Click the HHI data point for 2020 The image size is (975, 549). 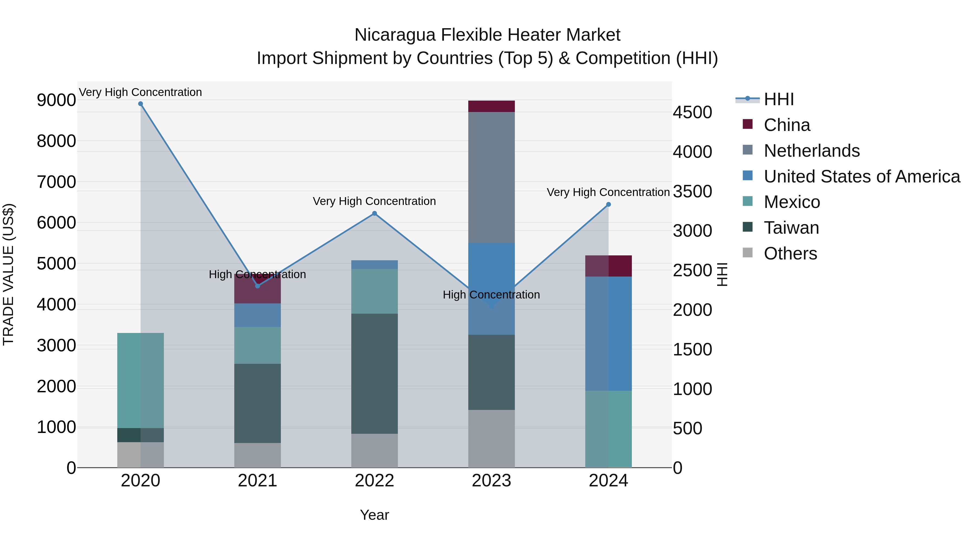(140, 104)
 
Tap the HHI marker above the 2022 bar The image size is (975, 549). (374, 213)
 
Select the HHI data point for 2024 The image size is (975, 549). (608, 205)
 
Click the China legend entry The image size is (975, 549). (786, 125)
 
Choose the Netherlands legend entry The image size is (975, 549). (811, 151)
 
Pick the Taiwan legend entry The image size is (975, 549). (791, 228)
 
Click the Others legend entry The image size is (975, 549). (790, 253)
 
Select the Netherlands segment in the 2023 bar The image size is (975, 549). (491, 177)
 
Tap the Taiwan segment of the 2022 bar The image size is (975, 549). (374, 373)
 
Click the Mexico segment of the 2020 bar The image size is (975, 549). (140, 380)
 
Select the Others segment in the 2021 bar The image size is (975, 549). (257, 455)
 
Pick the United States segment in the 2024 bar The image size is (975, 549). (608, 333)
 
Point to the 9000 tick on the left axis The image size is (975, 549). (56, 100)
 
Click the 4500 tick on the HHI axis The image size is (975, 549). (692, 113)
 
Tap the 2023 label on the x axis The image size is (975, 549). (491, 481)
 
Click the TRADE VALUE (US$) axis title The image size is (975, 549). (8, 274)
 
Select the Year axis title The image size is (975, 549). (374, 515)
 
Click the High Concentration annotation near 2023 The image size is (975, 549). (491, 294)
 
